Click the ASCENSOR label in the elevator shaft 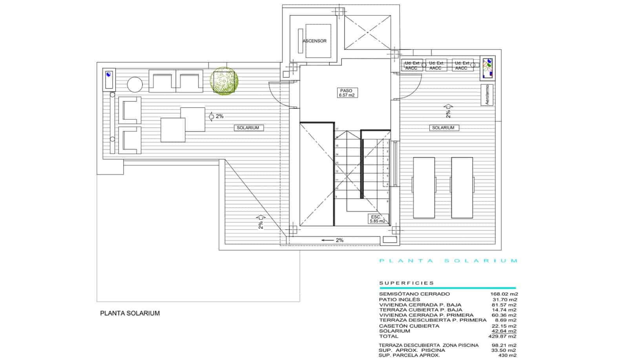coord(314,41)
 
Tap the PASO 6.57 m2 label coord(347,93)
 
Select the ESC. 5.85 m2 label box coord(377,219)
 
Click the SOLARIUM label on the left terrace coord(248,128)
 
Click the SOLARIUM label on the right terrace coord(443,128)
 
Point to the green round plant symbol coord(224,80)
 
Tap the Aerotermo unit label coord(487,95)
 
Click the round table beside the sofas coord(135,84)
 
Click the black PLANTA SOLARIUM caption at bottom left coord(130,313)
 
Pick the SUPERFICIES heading coord(407,283)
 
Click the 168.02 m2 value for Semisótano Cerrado coord(504,294)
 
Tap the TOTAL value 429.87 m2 coord(504,336)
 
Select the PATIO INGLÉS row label coord(399,299)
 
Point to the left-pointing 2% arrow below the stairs coord(332,240)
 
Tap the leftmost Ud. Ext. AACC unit coord(412,66)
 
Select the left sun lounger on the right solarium coord(424,188)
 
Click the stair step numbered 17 coord(336,129)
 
